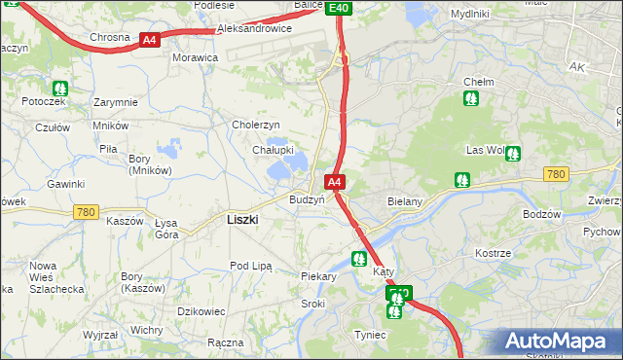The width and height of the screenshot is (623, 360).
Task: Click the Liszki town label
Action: coord(241,220)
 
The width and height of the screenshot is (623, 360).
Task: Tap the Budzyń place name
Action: coord(307,199)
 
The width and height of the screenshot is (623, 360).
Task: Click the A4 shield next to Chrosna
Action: coord(149,40)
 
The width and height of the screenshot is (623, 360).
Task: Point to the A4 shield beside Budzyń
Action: coord(334,182)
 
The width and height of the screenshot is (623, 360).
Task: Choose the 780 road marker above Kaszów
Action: coord(87,211)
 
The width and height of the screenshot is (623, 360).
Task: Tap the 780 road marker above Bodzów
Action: coord(556,174)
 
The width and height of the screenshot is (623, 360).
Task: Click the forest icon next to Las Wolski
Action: coord(512,153)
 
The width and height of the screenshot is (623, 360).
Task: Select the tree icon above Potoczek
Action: coord(60,87)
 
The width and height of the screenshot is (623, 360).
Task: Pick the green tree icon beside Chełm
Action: coord(472,97)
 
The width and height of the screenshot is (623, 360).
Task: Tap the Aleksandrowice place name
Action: coord(254,29)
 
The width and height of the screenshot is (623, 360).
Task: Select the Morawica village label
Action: coord(195,57)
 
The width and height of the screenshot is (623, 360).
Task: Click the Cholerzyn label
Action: coord(256,125)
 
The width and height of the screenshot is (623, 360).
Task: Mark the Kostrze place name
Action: coord(493,253)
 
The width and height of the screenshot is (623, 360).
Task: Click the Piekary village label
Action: coord(318,276)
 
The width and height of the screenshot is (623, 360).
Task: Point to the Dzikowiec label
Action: coord(202,310)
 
